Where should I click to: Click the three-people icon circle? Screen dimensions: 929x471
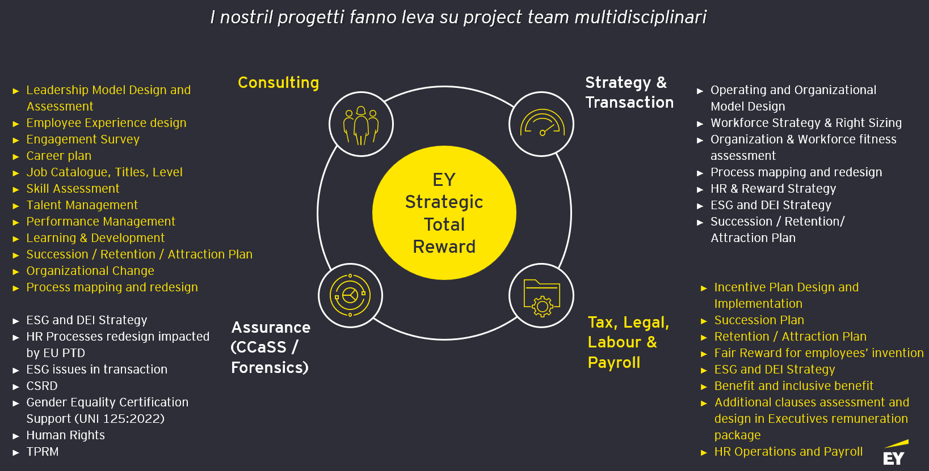pos(361,124)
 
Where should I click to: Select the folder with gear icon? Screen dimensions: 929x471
pos(541,296)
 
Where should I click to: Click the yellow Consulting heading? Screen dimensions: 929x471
pos(278,82)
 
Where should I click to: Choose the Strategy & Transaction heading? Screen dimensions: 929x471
pos(629,92)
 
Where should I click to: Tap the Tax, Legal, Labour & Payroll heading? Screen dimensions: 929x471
pos(628,342)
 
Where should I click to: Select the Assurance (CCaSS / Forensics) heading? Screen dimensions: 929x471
pos(270,347)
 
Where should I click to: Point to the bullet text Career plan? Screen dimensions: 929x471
pos(59,156)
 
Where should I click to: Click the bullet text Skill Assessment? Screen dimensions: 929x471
pos(73,189)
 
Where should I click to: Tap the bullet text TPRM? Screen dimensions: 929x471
pos(43,452)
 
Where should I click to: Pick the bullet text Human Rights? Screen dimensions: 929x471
pos(65,435)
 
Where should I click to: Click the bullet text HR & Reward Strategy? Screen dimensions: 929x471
pos(773,189)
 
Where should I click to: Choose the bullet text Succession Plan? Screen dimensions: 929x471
pos(759,320)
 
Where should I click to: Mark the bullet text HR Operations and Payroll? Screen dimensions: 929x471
pos(788,452)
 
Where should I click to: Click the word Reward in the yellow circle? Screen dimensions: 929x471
pos(444,247)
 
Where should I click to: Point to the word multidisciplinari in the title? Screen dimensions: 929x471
pos(640,18)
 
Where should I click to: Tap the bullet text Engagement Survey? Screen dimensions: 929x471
pos(83,139)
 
